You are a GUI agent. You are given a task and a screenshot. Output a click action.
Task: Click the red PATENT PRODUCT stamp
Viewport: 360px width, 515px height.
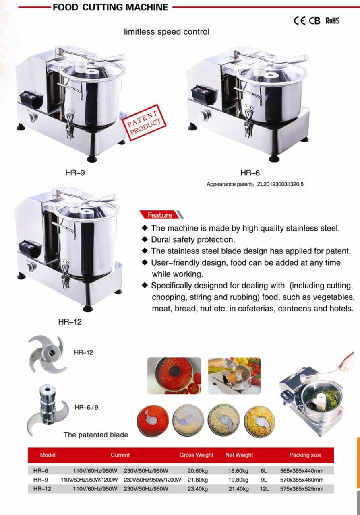[x=144, y=123]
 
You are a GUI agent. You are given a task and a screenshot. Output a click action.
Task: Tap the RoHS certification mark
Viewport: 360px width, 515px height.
[x=332, y=21]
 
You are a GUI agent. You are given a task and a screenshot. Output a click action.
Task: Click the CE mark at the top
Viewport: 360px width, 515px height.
[x=300, y=21]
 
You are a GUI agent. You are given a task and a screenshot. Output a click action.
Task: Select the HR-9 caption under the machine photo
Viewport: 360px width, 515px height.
[x=75, y=173]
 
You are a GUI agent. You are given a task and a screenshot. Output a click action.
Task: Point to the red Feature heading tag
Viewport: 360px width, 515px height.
[x=160, y=215]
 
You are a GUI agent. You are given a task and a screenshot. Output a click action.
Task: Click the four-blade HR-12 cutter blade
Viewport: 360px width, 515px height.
[x=47, y=354]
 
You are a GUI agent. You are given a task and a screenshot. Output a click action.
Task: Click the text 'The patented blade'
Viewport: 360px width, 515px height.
[x=96, y=435]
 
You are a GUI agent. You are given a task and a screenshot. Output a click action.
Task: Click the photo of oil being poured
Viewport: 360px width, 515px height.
[x=234, y=376]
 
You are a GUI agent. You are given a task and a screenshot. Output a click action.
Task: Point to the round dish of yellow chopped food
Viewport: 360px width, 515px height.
[x=260, y=420]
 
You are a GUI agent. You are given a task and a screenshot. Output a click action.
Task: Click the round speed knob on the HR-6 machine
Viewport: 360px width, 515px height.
[x=205, y=114]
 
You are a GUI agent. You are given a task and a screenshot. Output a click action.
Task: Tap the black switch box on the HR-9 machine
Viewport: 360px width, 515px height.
[x=31, y=100]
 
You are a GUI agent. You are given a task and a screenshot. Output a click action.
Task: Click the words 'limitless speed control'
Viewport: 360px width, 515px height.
[x=167, y=32]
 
